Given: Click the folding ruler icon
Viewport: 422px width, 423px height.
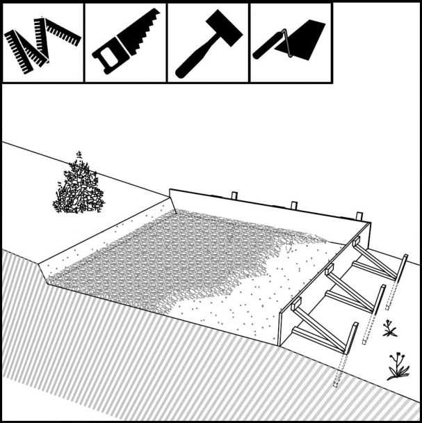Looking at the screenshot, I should tap(42, 43).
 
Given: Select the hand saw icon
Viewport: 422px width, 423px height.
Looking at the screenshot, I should tap(125, 43).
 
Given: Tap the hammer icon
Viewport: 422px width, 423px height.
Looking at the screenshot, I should tap(207, 43).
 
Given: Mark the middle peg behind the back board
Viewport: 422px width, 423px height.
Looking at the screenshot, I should tap(294, 205).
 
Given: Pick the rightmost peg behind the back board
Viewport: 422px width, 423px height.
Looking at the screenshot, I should tap(359, 216).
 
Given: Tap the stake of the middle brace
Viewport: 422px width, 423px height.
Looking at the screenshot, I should tap(380, 299).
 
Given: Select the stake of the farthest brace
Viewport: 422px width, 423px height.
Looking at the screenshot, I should tap(403, 268).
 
